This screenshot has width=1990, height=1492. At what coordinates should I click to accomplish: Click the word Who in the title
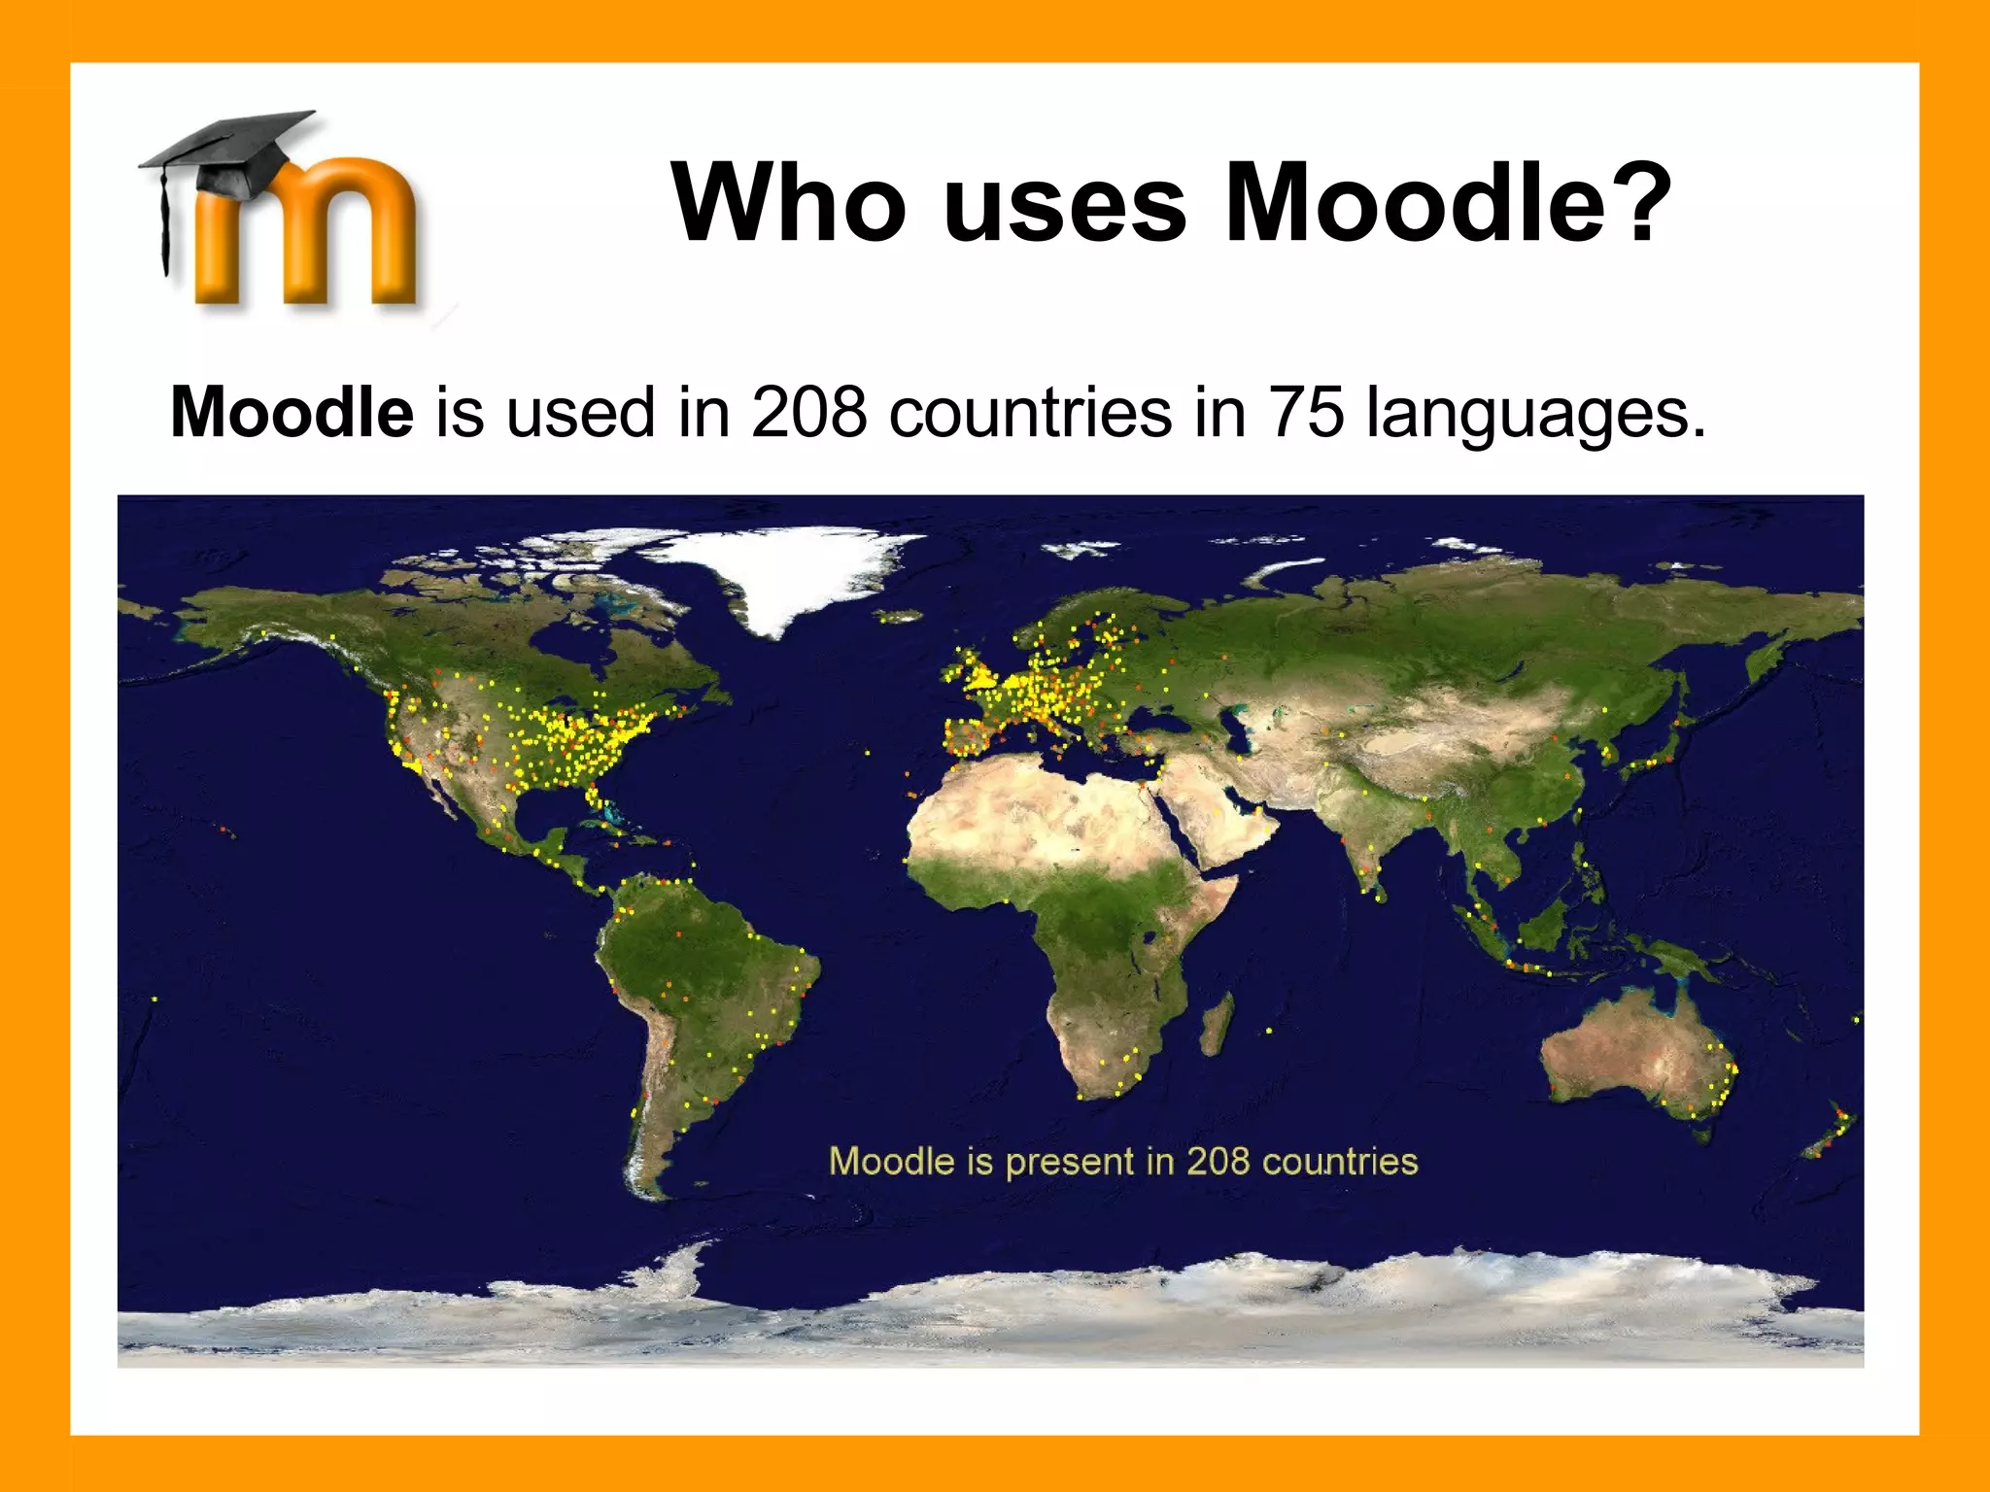click(788, 203)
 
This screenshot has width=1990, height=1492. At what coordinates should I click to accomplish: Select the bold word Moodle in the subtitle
click(292, 413)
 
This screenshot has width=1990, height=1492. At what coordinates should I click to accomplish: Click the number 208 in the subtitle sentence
click(808, 413)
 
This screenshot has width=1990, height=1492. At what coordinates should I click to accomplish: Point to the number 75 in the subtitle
click(1307, 413)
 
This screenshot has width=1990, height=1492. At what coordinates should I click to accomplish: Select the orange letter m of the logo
click(311, 238)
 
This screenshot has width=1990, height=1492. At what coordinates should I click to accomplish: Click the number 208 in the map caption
click(1217, 1162)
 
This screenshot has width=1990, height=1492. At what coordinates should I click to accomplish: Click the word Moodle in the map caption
click(891, 1162)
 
